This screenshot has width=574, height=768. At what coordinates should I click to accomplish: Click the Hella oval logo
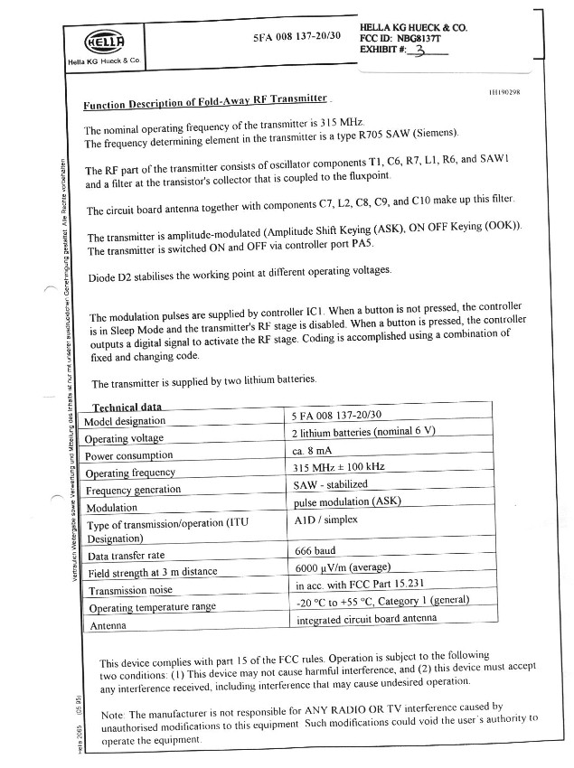coord(101,42)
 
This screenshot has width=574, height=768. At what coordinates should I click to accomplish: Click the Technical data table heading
coord(127,407)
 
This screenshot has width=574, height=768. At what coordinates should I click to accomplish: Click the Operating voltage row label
coord(125,438)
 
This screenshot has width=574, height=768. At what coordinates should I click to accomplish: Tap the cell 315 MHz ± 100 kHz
coord(340,467)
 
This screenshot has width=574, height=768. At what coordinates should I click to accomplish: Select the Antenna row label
coord(108,624)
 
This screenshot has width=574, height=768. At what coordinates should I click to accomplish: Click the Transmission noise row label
coord(130,590)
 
